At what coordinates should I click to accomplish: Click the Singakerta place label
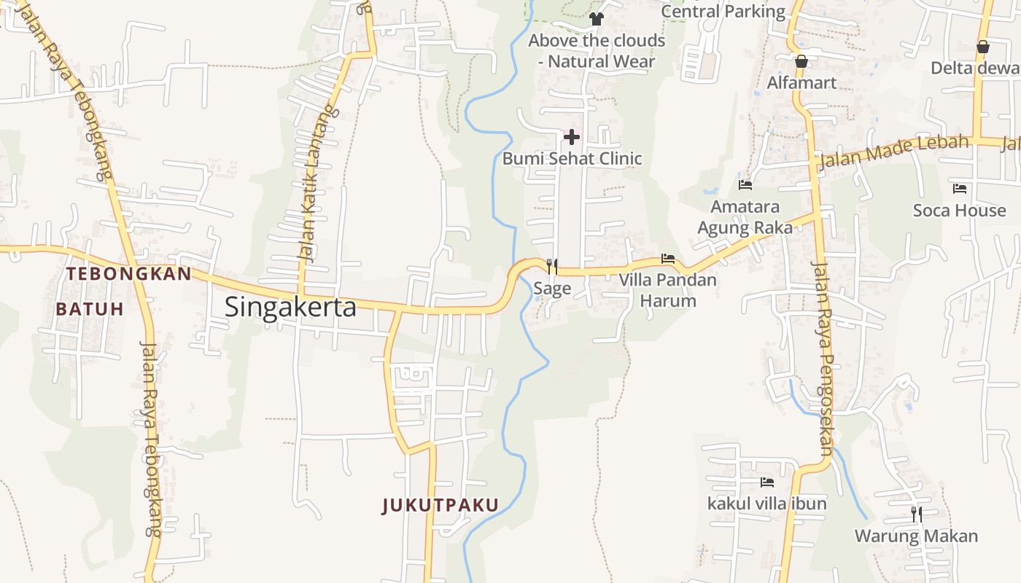(290, 307)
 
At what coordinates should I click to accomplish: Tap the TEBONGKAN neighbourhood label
(128, 274)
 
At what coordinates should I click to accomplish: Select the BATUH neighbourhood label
(90, 308)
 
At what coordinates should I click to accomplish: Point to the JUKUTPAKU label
(440, 505)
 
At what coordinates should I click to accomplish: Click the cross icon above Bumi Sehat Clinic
(572, 136)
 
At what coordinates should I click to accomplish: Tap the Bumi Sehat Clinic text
(572, 158)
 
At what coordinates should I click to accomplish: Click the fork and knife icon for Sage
(552, 267)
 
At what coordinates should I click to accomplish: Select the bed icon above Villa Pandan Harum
(667, 259)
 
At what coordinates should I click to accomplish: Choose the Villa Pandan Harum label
(667, 290)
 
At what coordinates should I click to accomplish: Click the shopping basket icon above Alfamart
(801, 61)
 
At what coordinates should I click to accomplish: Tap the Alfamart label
(801, 82)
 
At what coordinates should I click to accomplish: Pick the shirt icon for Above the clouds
(597, 19)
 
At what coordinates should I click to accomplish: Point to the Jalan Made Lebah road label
(894, 151)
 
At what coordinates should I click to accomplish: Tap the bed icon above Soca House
(959, 189)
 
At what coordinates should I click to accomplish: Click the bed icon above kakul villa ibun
(766, 482)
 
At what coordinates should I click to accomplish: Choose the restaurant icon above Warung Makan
(916, 514)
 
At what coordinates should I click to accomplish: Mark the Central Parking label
(723, 11)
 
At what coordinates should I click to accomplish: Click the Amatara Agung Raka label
(745, 217)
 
